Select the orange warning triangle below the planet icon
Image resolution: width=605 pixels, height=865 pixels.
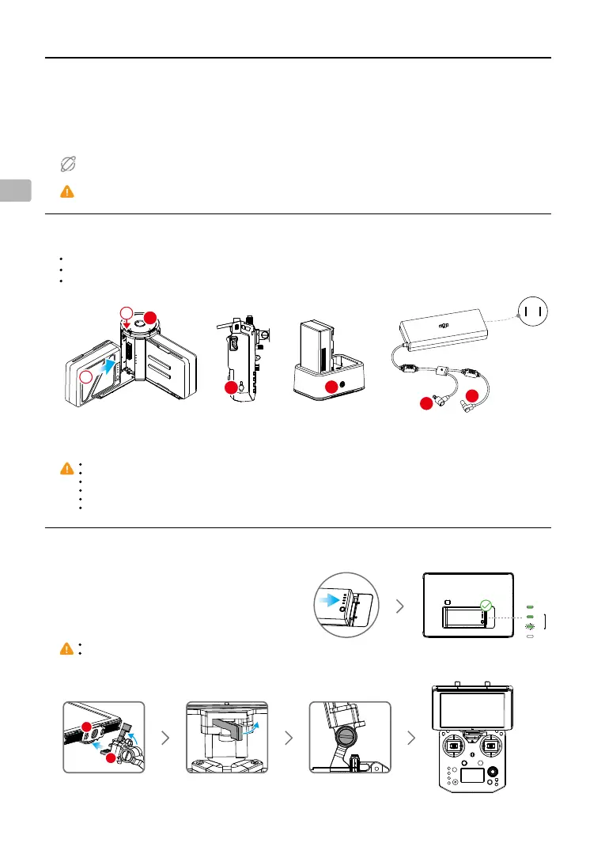(67, 191)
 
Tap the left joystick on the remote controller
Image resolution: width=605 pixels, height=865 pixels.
(454, 746)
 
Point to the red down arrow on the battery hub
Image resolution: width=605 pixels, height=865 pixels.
(125, 323)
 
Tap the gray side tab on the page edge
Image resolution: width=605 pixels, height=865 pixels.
(16, 190)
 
